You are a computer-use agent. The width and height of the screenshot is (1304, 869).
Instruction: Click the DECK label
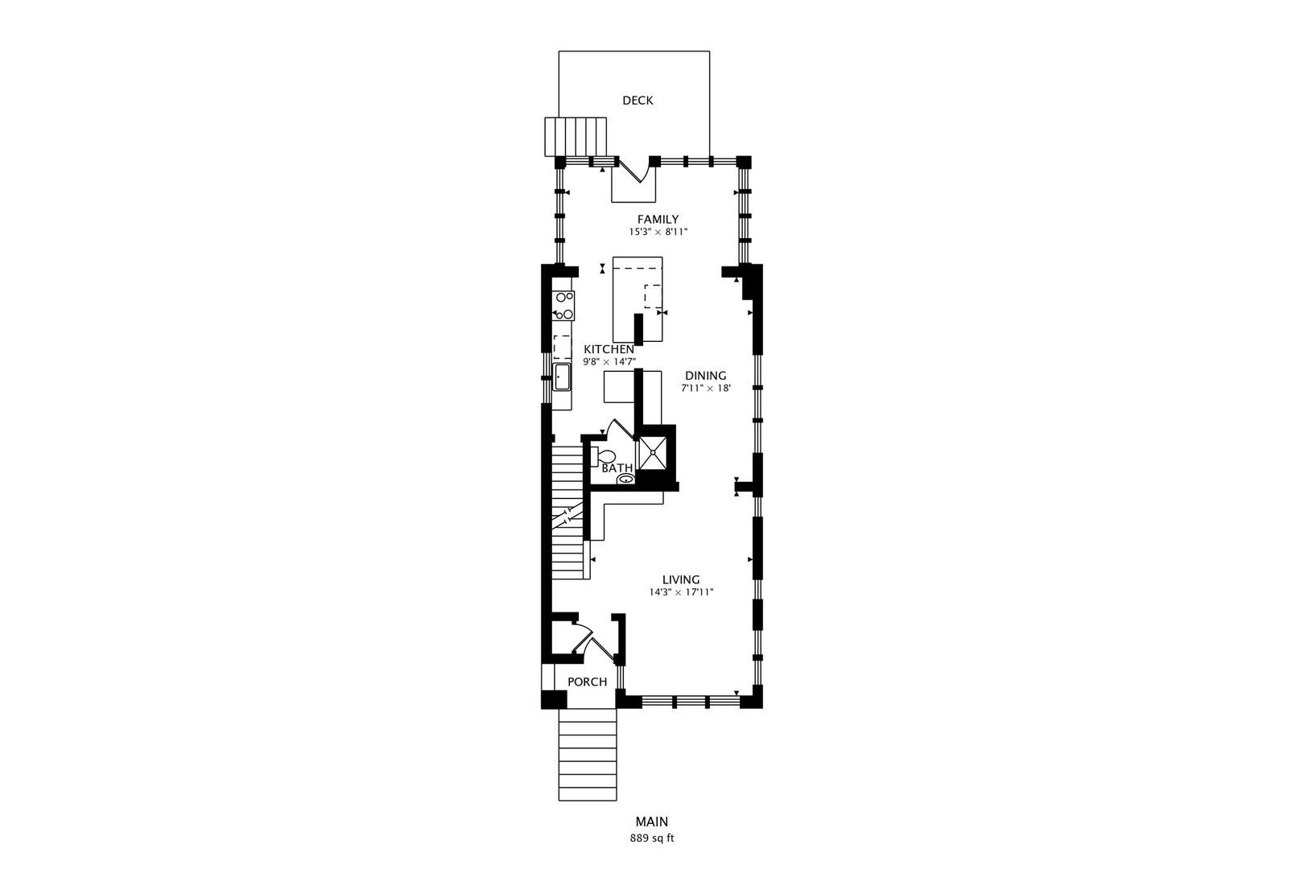(x=638, y=100)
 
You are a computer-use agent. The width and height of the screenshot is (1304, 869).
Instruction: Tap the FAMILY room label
(x=658, y=220)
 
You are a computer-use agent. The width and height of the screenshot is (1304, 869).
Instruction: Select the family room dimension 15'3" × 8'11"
(x=658, y=232)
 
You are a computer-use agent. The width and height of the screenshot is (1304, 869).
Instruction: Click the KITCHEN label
(x=609, y=349)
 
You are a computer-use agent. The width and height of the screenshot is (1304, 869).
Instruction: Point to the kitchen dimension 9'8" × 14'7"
(x=609, y=361)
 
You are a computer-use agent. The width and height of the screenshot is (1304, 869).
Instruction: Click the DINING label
(x=706, y=376)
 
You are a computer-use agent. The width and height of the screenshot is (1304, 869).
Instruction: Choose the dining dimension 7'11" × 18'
(x=706, y=388)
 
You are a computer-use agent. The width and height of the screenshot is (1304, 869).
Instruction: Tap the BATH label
(x=617, y=468)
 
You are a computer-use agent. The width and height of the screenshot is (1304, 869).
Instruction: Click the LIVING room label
(x=681, y=579)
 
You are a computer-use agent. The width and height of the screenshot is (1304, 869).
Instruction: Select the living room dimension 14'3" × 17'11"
(x=681, y=592)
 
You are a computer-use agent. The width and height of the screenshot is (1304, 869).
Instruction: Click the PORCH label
(x=587, y=682)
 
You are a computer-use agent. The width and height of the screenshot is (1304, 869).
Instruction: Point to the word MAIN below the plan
(x=651, y=822)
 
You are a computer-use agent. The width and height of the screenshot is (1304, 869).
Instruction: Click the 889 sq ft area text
(x=651, y=838)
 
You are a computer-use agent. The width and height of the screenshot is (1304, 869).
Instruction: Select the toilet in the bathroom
(x=603, y=455)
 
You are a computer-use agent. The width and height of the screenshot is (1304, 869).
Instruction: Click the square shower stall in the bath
(x=653, y=451)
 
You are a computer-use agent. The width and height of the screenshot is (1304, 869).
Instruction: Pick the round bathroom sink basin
(x=625, y=479)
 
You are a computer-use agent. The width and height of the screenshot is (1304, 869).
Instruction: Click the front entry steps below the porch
(x=588, y=755)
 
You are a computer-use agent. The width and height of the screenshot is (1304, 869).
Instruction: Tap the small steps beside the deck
(x=576, y=137)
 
